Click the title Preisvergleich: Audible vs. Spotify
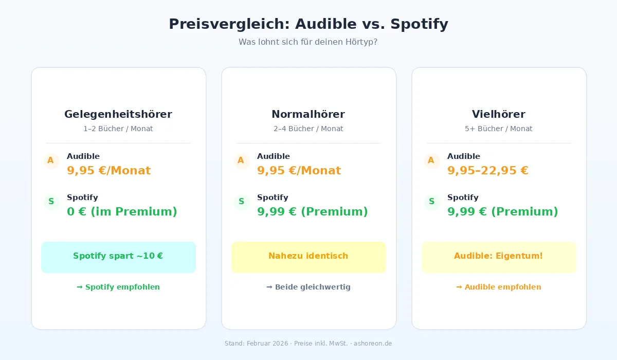tap(308, 24)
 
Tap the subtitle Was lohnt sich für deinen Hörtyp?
tap(308, 42)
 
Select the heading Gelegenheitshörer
tap(118, 114)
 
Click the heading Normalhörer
tap(308, 114)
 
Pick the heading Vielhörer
tap(499, 114)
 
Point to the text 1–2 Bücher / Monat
tap(118, 129)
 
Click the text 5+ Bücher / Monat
tap(499, 129)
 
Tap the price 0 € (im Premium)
tap(122, 211)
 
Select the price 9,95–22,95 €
tap(488, 170)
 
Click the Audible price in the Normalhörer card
tap(299, 170)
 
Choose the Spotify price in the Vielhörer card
tap(502, 211)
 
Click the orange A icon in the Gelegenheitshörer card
tap(51, 160)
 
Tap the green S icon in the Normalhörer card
tap(241, 202)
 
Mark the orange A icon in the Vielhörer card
tap(431, 160)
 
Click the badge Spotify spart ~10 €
tap(118, 257)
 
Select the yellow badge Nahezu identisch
tap(308, 257)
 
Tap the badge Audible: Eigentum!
tap(499, 257)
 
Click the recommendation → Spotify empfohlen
tap(118, 287)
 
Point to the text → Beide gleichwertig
tap(308, 287)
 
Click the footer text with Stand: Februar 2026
tap(308, 343)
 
